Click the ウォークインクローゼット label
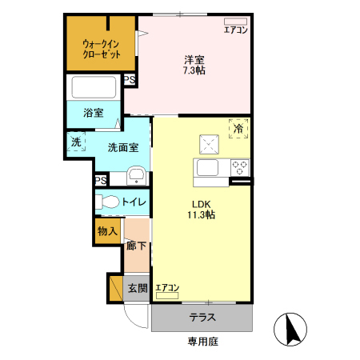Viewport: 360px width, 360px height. tap(101, 49)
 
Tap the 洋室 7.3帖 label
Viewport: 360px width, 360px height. tap(194, 65)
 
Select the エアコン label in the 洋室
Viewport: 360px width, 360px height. tap(235, 30)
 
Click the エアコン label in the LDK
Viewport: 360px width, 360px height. tap(167, 287)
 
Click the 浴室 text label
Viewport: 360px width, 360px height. tap(94, 113)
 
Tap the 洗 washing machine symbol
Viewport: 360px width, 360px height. tap(76, 142)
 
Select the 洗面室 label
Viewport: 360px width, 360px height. tap(123, 146)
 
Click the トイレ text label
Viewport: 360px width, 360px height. tap(134, 202)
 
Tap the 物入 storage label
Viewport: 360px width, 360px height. tap(107, 231)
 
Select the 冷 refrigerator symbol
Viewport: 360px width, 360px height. tap(238, 128)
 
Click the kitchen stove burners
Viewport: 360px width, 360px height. tap(239, 167)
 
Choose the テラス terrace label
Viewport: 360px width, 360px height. tap(202, 318)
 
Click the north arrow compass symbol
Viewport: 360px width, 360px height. tap(292, 328)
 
